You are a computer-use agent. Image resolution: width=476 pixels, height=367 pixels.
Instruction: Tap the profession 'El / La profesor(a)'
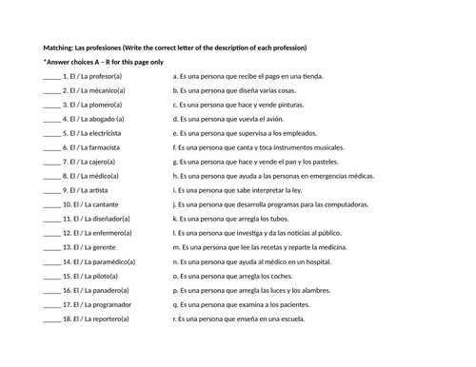tap(94, 74)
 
